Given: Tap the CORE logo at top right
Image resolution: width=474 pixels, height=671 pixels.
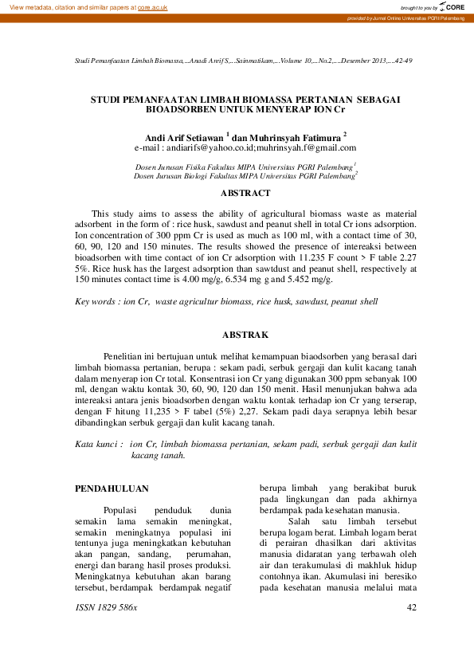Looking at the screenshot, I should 452,6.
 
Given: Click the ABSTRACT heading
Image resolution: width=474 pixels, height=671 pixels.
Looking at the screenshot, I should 245,193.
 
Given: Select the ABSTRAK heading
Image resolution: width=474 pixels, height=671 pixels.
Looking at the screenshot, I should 245,335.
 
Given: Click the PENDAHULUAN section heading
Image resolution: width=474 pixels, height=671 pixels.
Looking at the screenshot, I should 111,488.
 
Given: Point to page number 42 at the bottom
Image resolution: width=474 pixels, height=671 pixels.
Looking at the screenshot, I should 412,608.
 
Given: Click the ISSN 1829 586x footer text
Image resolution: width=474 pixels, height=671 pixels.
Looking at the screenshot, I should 105,608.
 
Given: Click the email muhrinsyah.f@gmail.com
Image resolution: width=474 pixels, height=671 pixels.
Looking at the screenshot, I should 307,147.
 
